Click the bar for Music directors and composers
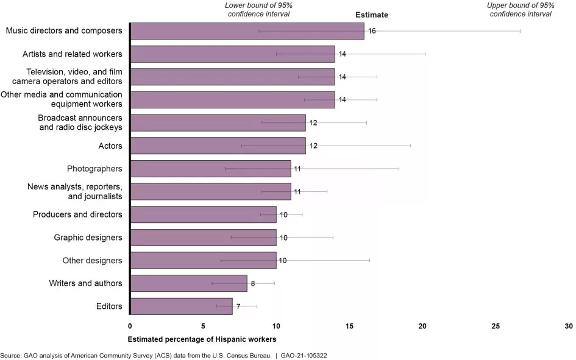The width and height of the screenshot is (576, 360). coord(247,31)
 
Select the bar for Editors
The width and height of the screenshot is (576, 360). coord(182,306)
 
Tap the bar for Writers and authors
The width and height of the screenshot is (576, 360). coord(189,283)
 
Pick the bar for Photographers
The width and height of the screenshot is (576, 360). coord(210,169)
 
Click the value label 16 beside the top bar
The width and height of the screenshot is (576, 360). coord(372,31)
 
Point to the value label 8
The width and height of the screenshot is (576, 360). coord(253,283)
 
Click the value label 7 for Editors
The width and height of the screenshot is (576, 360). coord(238,306)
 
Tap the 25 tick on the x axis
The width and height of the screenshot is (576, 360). coord(496,326)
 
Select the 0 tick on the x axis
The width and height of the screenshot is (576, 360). coord(130,326)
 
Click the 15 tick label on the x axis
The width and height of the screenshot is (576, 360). coord(349,326)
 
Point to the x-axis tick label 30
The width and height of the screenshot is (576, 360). coord(568,326)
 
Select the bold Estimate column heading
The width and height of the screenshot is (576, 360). coord(372,15)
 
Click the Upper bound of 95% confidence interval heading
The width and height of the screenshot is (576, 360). coord(521,10)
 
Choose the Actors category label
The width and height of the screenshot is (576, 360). coord(110,146)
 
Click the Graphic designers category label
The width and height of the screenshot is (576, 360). coord(88,238)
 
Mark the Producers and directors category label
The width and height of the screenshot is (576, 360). coord(77,214)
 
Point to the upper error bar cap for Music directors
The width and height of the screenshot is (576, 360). coord(520,31)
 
